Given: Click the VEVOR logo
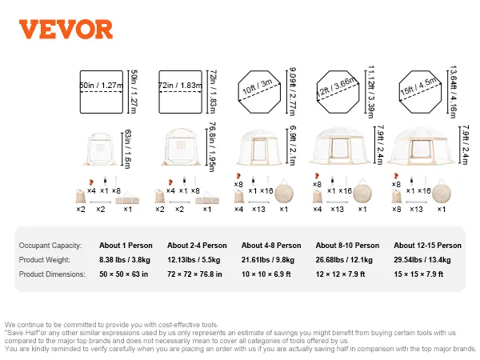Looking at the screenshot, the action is point(66,30).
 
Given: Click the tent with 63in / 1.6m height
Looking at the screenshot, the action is point(101,149).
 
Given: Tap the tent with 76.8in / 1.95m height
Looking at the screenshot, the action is point(182,146).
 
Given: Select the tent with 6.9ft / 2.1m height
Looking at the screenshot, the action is point(259,147).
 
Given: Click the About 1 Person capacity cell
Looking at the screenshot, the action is point(126,246).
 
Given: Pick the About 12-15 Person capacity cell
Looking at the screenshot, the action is point(427,246).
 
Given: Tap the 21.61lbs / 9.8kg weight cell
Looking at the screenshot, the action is point(268,260).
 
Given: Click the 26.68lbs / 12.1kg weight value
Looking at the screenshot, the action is point(344,260).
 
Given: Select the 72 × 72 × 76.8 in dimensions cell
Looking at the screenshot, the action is point(194,274).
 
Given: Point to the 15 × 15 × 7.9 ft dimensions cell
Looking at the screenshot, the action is point(418,274).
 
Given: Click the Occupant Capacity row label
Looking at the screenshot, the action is point(50,246).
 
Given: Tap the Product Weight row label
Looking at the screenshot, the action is point(44,260).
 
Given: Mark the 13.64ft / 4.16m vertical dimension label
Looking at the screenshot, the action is point(453,92).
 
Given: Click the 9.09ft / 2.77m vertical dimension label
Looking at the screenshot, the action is point(292,92).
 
